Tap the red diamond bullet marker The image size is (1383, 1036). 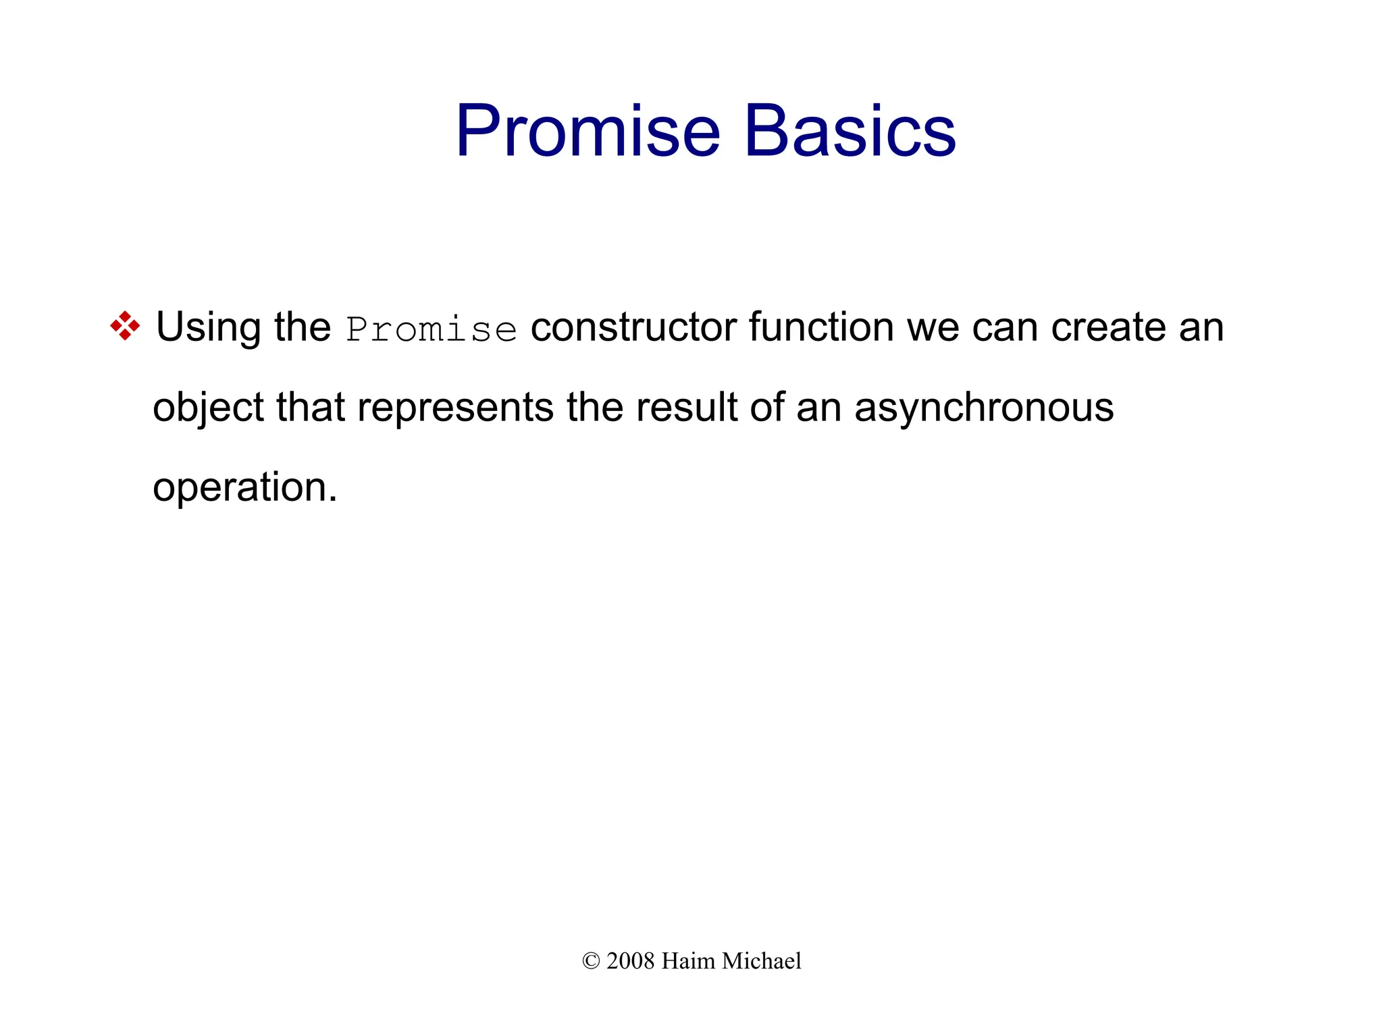[125, 326]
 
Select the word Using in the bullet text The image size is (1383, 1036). [209, 328]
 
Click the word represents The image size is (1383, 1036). [455, 408]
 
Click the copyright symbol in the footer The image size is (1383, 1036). [591, 961]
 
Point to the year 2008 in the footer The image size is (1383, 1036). [630, 961]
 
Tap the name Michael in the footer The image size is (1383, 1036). [761, 961]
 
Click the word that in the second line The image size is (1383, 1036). [311, 408]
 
